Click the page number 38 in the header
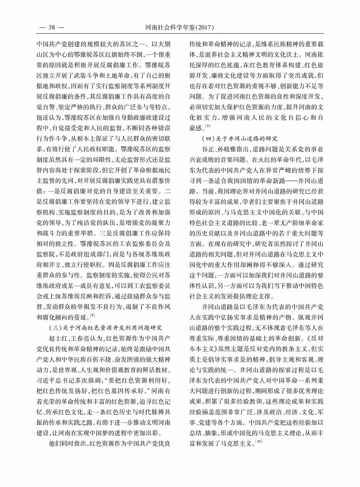click(x=51, y=28)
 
